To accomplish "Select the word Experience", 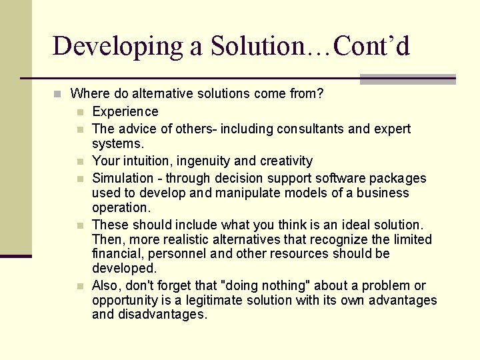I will tap(125, 111).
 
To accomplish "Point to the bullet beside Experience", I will tap(80, 112).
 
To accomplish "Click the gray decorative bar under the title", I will tap(407, 79).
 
